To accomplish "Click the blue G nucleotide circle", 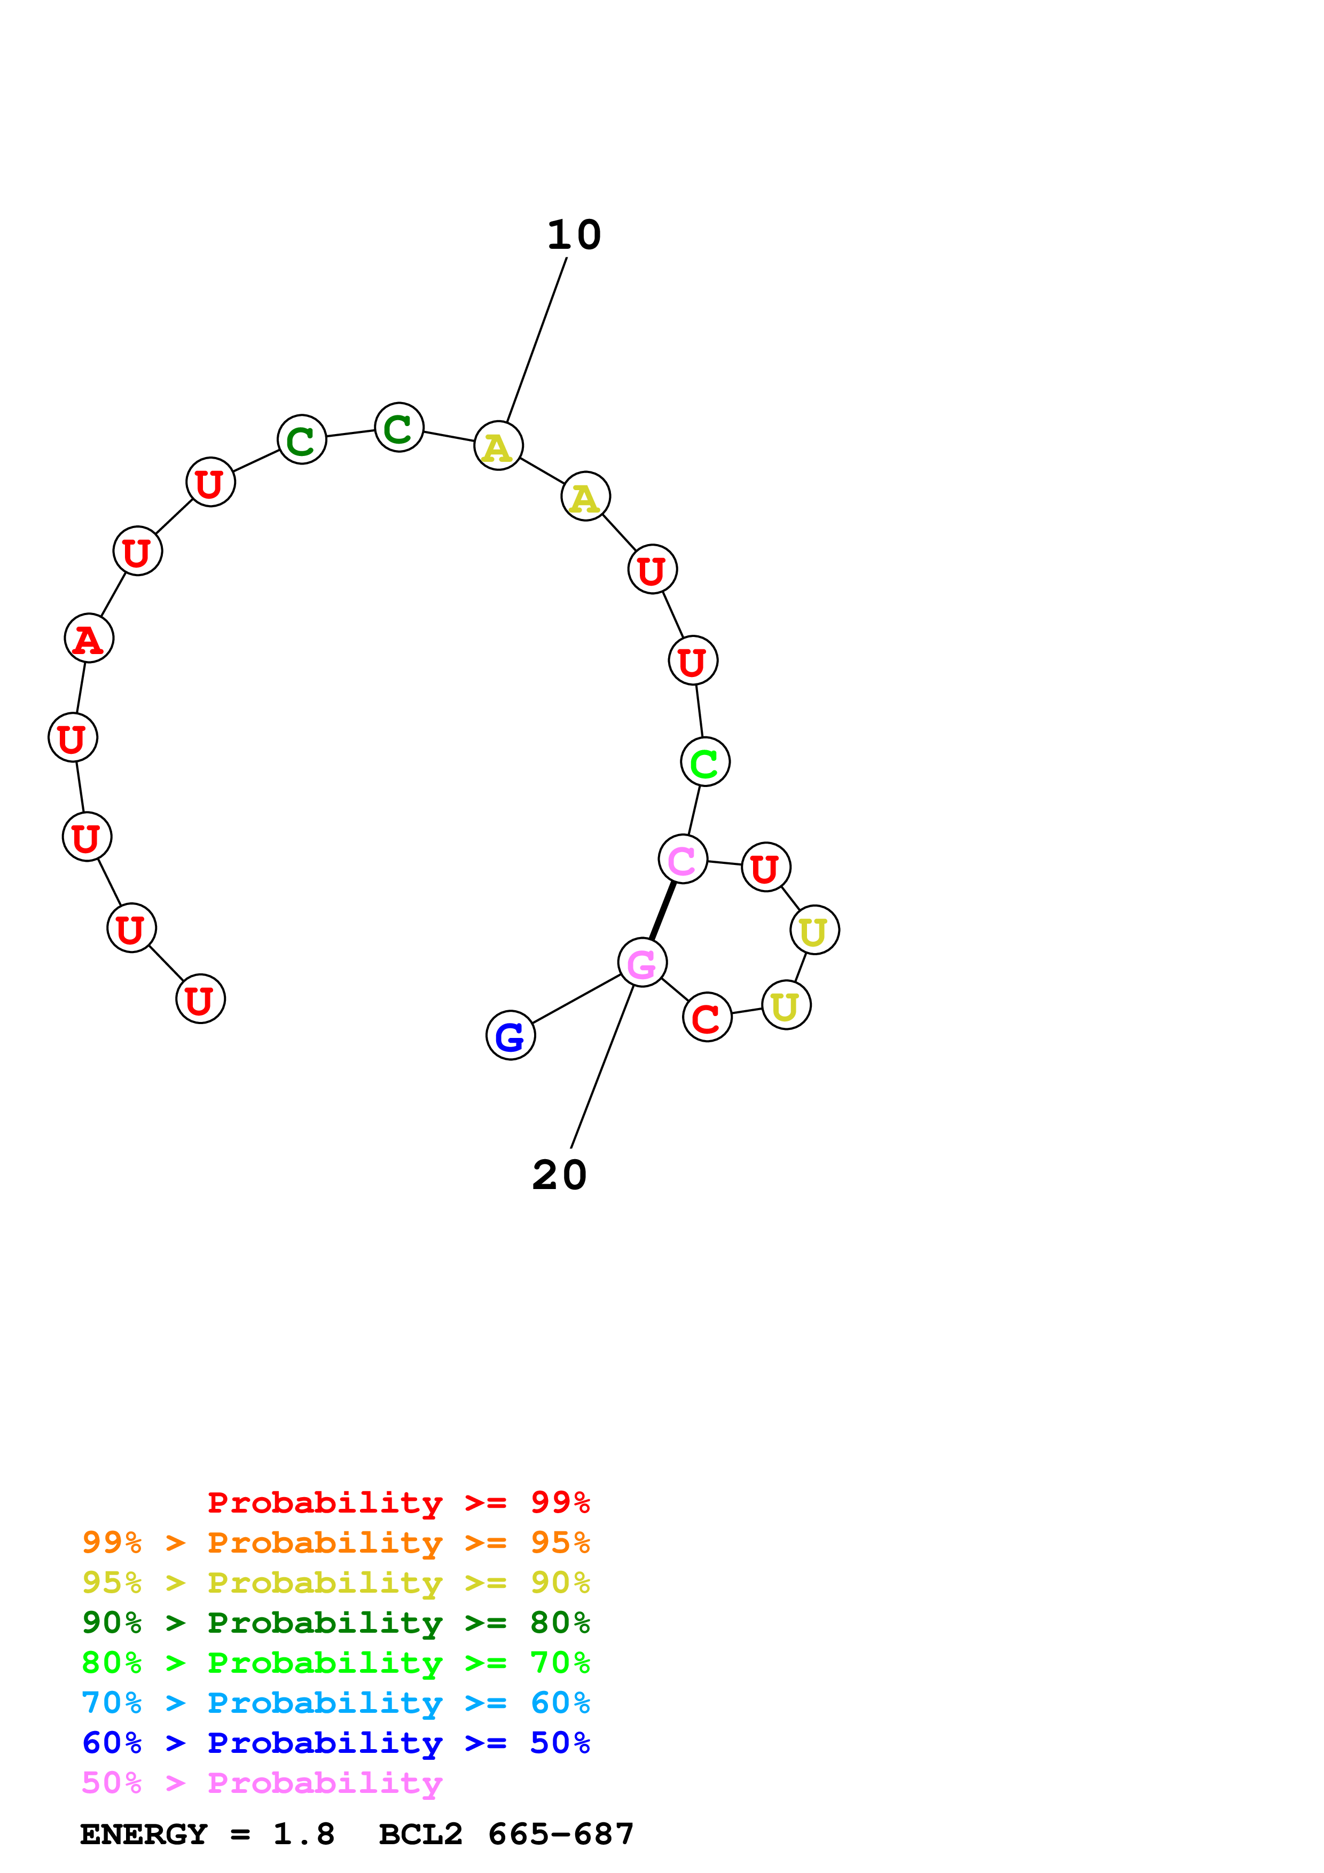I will click(x=510, y=1035).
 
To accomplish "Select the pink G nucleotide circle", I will click(x=642, y=963).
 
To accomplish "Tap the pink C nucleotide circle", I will click(x=682, y=859).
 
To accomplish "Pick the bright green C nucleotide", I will click(x=705, y=762).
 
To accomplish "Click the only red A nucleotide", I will click(x=89, y=638).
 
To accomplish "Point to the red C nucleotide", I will click(x=707, y=1017).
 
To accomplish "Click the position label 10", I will click(x=574, y=236).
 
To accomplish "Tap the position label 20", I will click(x=560, y=1176).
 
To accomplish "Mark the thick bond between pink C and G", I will click(x=662, y=910).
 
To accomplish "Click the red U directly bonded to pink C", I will click(x=765, y=867).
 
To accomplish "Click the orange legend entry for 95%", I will click(x=335, y=1543).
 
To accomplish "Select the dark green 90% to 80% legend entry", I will click(x=335, y=1623).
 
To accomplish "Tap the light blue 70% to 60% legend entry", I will click(x=335, y=1703).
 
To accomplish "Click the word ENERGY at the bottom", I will click(x=144, y=1835).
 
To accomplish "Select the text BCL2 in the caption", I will click(x=420, y=1835).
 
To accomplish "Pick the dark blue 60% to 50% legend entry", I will click(x=335, y=1743).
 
